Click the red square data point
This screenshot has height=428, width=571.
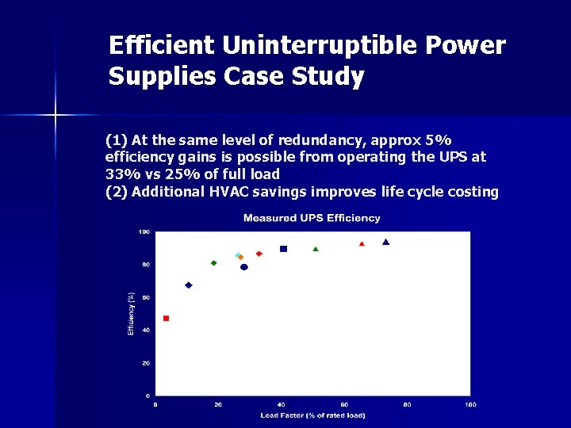pyautogui.click(x=166, y=318)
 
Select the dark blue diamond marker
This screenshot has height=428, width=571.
pyautogui.click(x=188, y=285)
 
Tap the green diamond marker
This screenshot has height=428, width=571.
pyautogui.click(x=213, y=263)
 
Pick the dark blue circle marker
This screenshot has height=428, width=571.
pyautogui.click(x=244, y=267)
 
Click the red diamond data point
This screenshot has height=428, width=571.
pyautogui.click(x=259, y=254)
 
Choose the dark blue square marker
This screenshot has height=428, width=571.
pyautogui.click(x=283, y=249)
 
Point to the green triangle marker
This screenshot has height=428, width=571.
pyautogui.click(x=316, y=249)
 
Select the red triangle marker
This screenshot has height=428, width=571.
pyautogui.click(x=362, y=244)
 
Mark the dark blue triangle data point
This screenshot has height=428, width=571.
pyautogui.click(x=385, y=242)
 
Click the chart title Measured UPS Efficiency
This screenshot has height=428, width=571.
pyautogui.click(x=312, y=218)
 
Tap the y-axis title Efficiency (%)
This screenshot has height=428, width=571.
pyautogui.click(x=132, y=313)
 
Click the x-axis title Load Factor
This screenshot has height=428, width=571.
pyautogui.click(x=312, y=415)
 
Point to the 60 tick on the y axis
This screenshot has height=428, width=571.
pyautogui.click(x=145, y=297)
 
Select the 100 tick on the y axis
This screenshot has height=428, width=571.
pyautogui.click(x=144, y=231)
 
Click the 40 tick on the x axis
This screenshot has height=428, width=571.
pyautogui.click(x=282, y=404)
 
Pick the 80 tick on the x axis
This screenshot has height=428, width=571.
pyautogui.click(x=407, y=404)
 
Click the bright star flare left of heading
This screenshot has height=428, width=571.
pyautogui.click(x=56, y=116)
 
